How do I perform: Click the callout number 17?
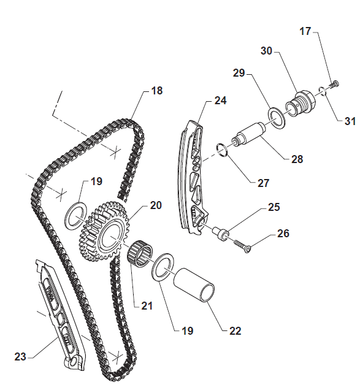(305, 31)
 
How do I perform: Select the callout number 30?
(266, 51)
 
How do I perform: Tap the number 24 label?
(220, 101)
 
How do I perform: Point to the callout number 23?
(20, 357)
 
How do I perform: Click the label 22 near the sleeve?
(236, 331)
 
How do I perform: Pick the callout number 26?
(283, 234)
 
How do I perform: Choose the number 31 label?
(350, 121)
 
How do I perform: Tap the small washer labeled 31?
(323, 91)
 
